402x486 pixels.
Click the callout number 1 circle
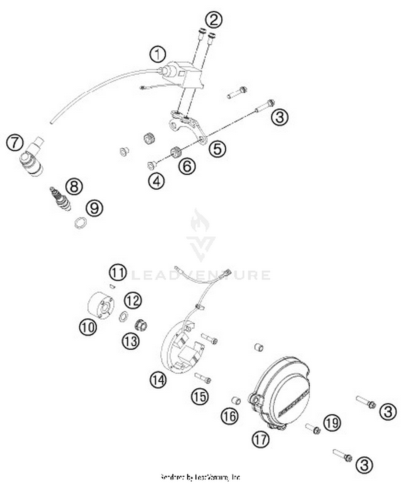point(158,54)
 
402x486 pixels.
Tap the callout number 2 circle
point(214,20)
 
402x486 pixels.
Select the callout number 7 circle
point(15,142)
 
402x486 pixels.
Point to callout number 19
point(332,423)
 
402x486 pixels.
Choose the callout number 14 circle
point(158,380)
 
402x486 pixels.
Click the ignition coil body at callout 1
point(185,76)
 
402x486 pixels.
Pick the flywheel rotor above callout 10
point(101,305)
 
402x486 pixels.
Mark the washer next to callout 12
point(123,316)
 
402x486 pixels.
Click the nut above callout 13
point(141,325)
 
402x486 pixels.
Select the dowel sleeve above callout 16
point(236,400)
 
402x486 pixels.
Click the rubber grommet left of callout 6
point(176,153)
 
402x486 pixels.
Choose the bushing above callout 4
point(151,165)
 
